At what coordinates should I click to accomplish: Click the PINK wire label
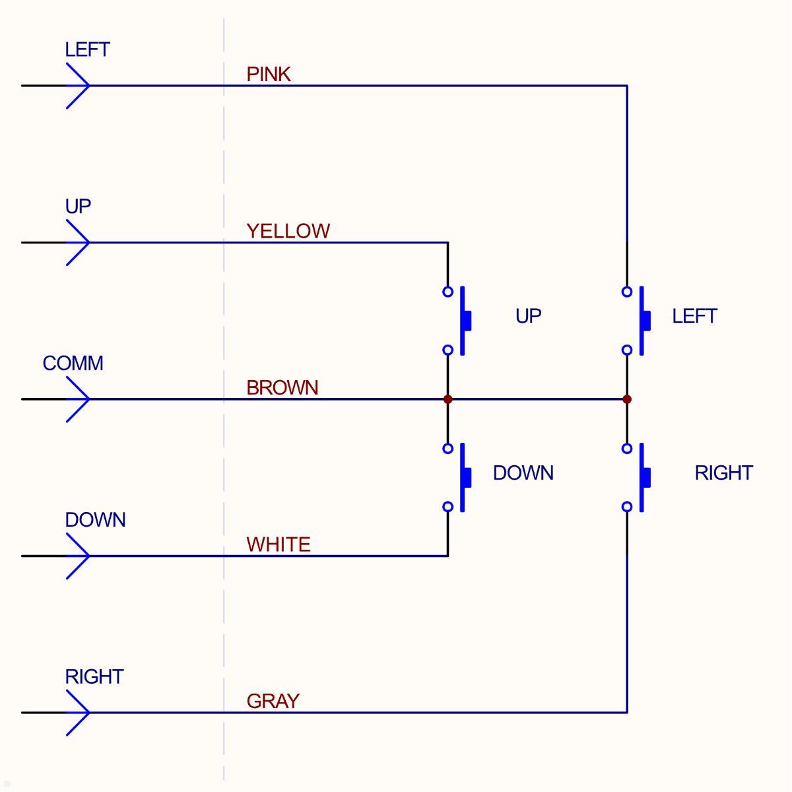269,74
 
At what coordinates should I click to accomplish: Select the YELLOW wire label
288,231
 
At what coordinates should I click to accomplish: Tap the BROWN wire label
282,387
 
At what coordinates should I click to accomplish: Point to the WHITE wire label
278,544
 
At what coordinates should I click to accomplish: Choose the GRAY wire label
273,701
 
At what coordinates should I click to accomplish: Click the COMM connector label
73,364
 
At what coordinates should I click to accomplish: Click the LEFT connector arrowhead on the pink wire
79,86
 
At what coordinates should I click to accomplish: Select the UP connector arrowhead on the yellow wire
79,243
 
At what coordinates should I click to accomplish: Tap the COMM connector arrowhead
79,399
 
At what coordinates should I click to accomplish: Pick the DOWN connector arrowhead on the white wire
79,556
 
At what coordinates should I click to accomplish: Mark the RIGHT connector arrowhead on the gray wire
79,713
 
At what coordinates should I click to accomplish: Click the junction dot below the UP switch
448,399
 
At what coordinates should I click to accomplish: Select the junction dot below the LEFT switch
627,399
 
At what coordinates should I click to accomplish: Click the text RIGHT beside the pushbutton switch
723,473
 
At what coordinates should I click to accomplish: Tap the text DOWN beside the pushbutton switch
523,473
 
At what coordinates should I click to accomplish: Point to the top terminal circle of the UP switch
448,292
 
